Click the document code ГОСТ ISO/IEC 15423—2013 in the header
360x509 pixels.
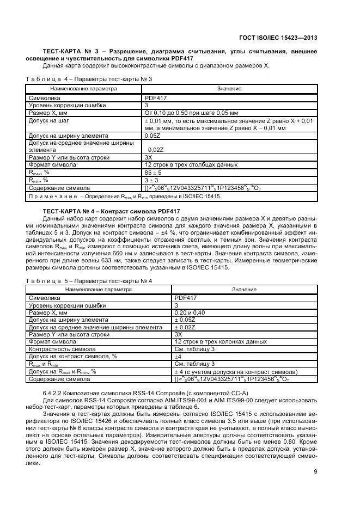tap(278, 38)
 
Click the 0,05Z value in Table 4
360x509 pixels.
tap(152, 135)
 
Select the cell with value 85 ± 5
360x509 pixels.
tap(155, 172)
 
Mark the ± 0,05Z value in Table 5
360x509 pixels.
tap(185, 320)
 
